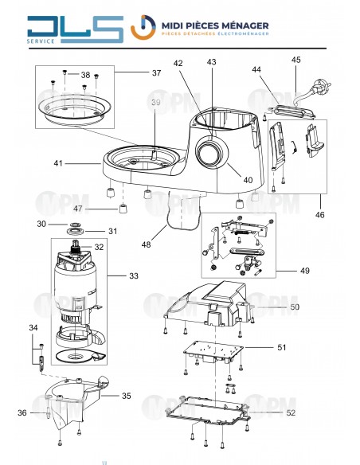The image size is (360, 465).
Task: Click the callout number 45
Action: point(296,61)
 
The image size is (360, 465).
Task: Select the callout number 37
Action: point(156,73)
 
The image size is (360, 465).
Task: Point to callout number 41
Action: point(58,163)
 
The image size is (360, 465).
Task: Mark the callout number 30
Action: point(41,225)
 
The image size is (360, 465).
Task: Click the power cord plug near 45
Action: point(323,87)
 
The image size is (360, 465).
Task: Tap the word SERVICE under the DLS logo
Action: point(41,41)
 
